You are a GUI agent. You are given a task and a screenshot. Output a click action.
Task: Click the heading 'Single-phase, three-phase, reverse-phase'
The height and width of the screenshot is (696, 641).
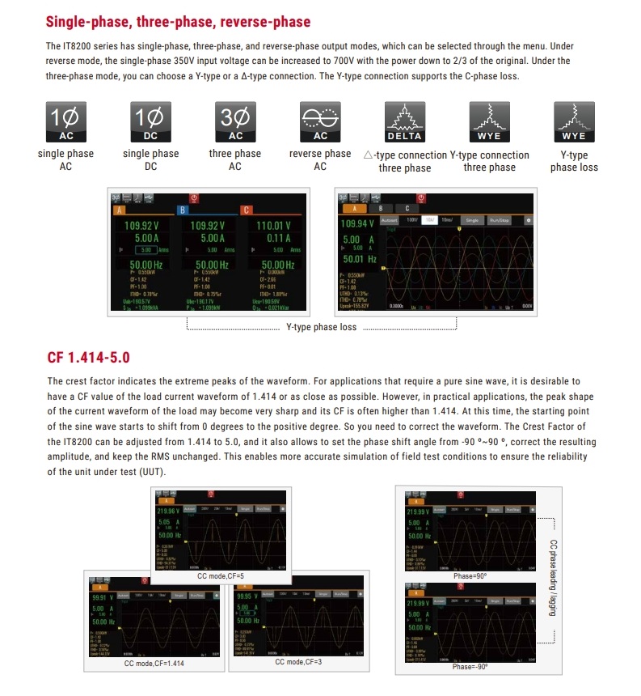[x=179, y=22]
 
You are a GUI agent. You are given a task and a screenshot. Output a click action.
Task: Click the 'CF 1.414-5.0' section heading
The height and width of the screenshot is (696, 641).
[x=88, y=358]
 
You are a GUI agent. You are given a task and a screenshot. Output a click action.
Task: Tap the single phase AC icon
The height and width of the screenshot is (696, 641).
[x=65, y=122]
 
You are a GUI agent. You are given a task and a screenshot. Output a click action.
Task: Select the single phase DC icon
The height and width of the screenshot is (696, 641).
[x=150, y=122]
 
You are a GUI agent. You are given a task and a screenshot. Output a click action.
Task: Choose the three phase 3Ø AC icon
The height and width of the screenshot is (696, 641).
[x=235, y=122]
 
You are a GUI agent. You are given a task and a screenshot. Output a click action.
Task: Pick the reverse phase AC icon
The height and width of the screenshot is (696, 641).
[x=320, y=122]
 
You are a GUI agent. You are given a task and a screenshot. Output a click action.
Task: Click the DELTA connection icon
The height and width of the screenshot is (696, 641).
[x=405, y=122]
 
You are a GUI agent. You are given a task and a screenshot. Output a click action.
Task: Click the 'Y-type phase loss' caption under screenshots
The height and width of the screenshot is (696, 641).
[x=322, y=328]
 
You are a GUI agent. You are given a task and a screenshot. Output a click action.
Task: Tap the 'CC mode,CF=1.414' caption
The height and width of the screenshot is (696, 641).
[x=154, y=664]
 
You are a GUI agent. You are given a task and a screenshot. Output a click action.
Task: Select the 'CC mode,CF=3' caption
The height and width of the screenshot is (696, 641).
[x=298, y=662]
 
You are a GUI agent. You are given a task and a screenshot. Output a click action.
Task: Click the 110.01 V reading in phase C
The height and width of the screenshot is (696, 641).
[x=273, y=226]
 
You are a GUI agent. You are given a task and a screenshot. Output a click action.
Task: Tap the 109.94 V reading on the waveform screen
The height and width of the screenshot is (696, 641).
[x=358, y=223]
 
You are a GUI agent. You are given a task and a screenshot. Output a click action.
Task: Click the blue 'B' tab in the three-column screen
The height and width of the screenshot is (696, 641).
[x=183, y=211]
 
